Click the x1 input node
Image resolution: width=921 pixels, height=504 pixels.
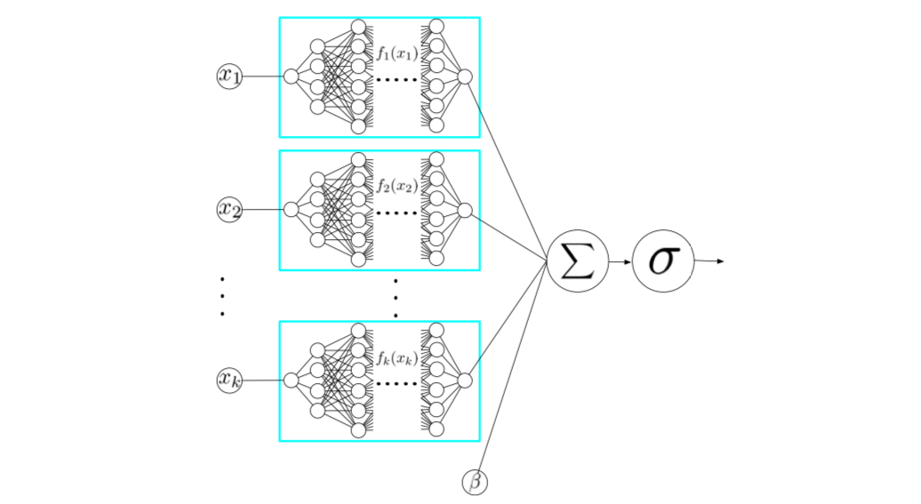pyautogui.click(x=229, y=76)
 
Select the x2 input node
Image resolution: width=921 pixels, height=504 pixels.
pyautogui.click(x=229, y=210)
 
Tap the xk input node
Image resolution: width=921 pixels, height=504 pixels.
pyautogui.click(x=229, y=380)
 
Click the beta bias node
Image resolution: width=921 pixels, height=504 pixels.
pyautogui.click(x=475, y=482)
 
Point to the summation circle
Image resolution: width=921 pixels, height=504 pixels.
pyautogui.click(x=577, y=261)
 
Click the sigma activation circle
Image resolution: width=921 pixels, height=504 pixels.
pyautogui.click(x=662, y=261)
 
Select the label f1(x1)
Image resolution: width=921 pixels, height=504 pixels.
pyautogui.click(x=396, y=54)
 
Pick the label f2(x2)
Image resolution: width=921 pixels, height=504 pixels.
pyautogui.click(x=396, y=187)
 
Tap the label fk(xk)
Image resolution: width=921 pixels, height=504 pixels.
pyautogui.click(x=396, y=358)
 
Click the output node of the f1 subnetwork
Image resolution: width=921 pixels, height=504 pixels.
pyautogui.click(x=464, y=76)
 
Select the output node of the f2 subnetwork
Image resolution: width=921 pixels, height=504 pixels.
pyautogui.click(x=464, y=210)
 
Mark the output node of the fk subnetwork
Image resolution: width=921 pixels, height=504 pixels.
pyautogui.click(x=464, y=380)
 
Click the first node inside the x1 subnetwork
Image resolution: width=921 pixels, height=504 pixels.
pyautogui.click(x=291, y=76)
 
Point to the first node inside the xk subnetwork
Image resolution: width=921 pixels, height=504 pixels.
pyautogui.click(x=291, y=380)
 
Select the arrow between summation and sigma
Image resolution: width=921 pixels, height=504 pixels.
pyautogui.click(x=620, y=261)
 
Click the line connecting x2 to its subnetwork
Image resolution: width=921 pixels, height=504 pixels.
pyautogui.click(x=262, y=210)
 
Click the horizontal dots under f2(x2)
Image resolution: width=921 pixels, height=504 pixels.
pyautogui.click(x=396, y=213)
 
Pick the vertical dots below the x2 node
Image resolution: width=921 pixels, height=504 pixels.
pyautogui.click(x=221, y=296)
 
